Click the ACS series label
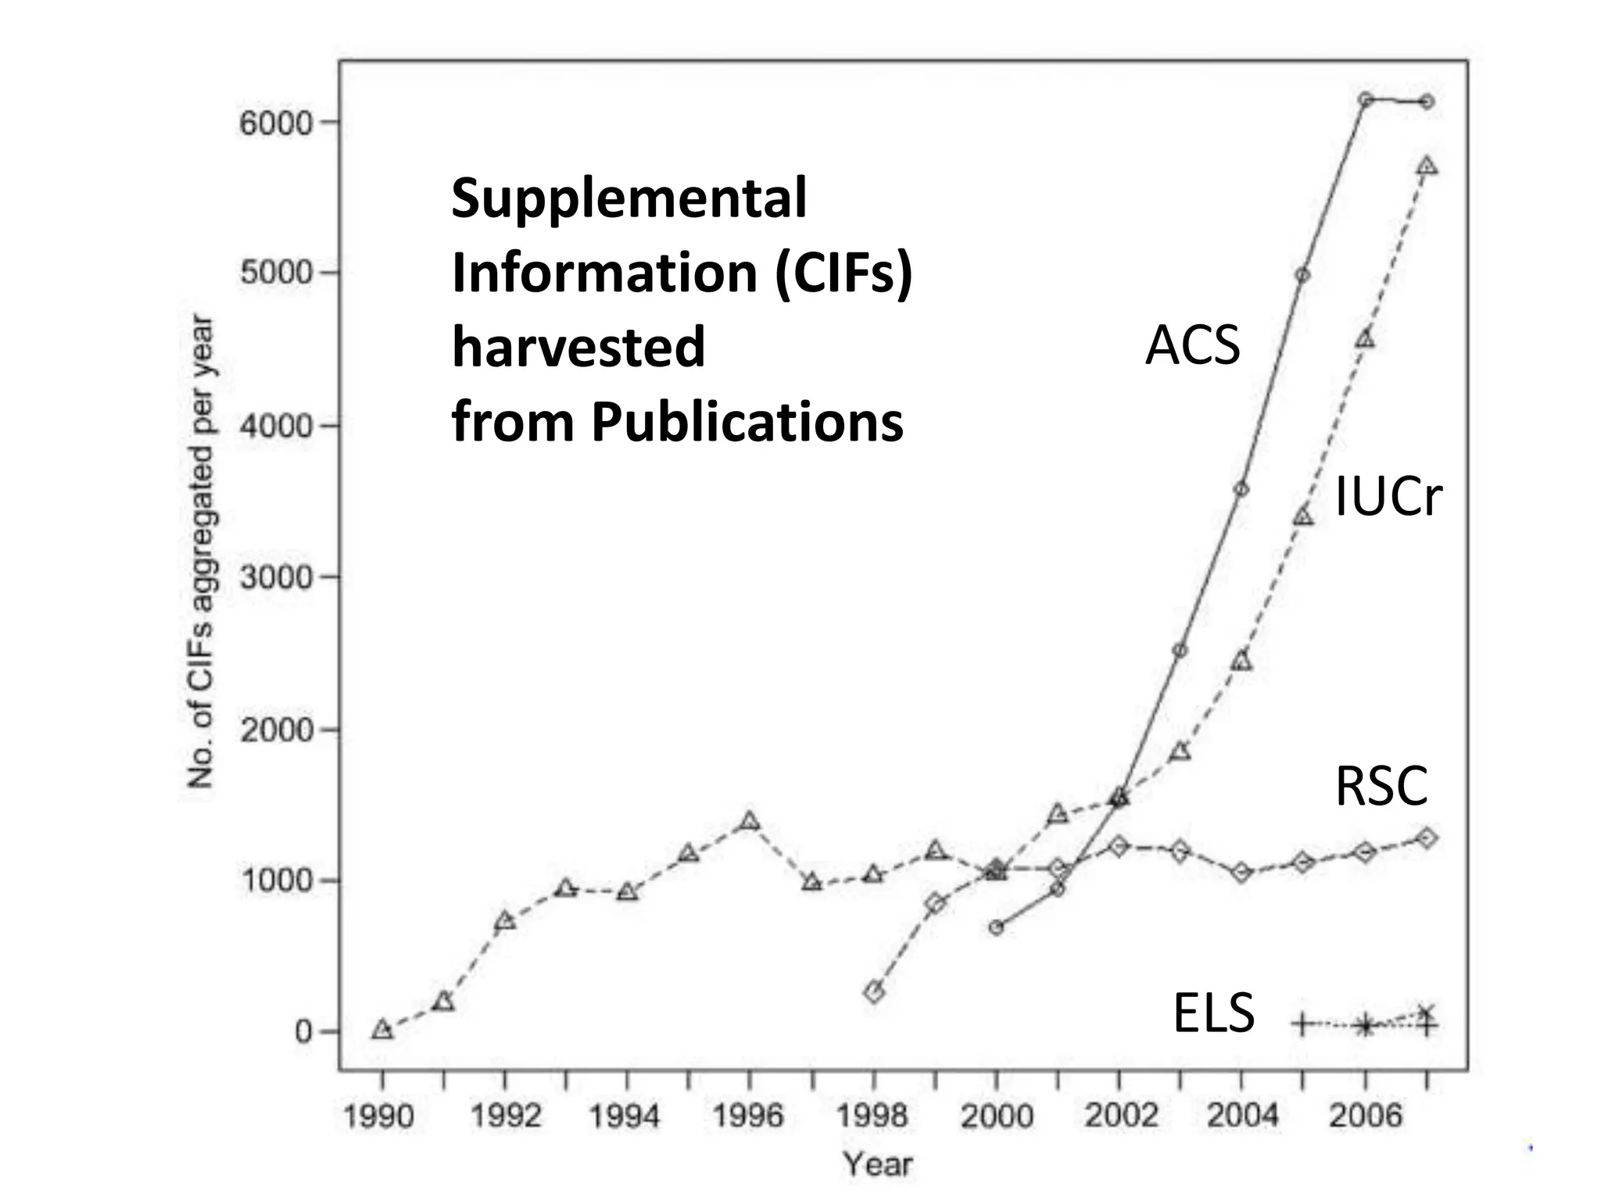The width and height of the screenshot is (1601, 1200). pyautogui.click(x=1192, y=345)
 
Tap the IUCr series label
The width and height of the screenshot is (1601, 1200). pyautogui.click(x=1388, y=497)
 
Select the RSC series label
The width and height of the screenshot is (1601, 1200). pyautogui.click(x=1381, y=786)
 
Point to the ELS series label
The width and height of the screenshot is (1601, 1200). pyautogui.click(x=1213, y=1012)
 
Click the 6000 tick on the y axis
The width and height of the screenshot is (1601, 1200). pyautogui.click(x=276, y=123)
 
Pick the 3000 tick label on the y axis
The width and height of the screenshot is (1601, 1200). pyautogui.click(x=276, y=578)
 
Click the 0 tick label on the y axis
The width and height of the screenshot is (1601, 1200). pyautogui.click(x=303, y=1031)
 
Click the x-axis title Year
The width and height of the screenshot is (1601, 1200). pyautogui.click(x=878, y=1164)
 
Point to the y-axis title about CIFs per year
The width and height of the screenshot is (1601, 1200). pyautogui.click(x=201, y=551)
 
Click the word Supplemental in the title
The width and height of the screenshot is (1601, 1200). pyautogui.click(x=629, y=198)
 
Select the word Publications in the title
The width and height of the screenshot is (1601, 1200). pyautogui.click(x=747, y=422)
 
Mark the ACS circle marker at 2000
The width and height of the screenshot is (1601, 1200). pyautogui.click(x=996, y=927)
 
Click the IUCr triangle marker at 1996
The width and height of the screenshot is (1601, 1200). pyautogui.click(x=750, y=821)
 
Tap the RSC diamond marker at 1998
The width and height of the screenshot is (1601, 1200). pyautogui.click(x=874, y=992)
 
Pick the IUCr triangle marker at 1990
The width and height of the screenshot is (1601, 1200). pyautogui.click(x=382, y=1030)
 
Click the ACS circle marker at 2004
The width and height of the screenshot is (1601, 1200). pyautogui.click(x=1241, y=490)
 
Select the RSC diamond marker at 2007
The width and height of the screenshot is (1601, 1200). pyautogui.click(x=1426, y=837)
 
